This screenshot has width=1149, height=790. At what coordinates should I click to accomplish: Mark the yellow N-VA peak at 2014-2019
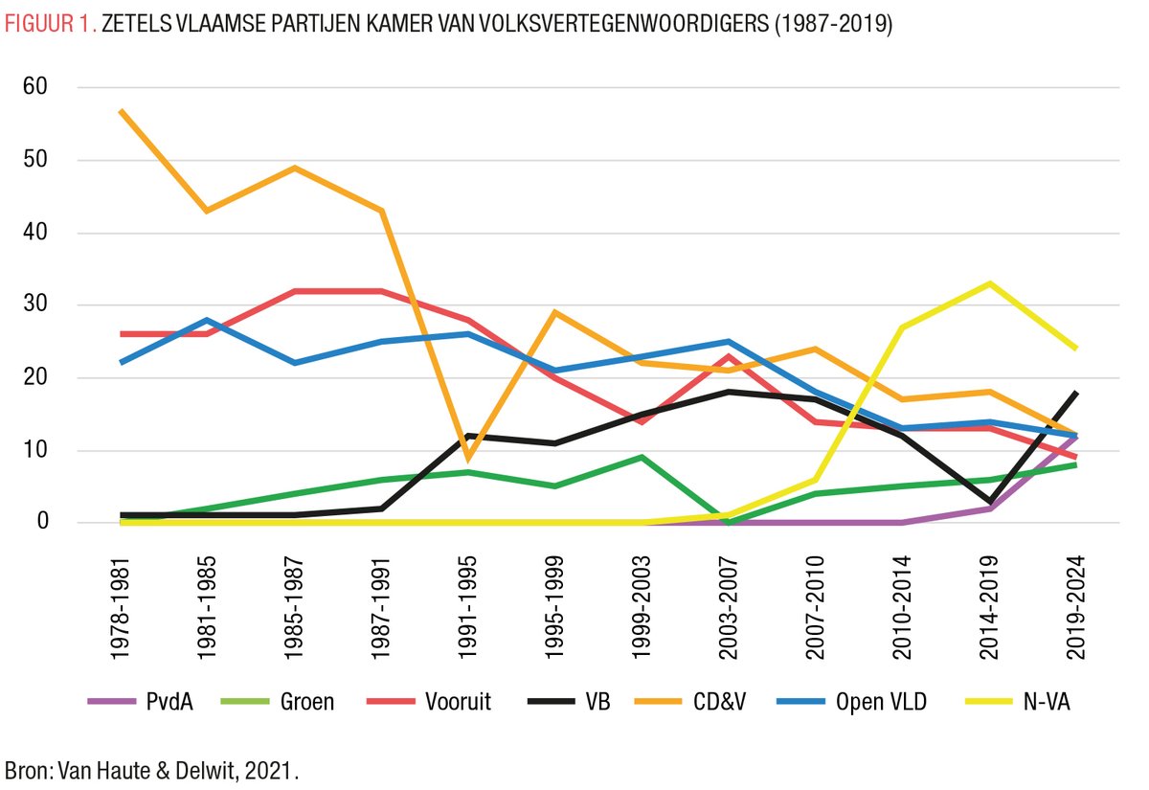pos(990,283)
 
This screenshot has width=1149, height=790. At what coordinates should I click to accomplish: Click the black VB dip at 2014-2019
pos(990,501)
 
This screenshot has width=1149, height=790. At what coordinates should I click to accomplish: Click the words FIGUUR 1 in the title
pos(48,25)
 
